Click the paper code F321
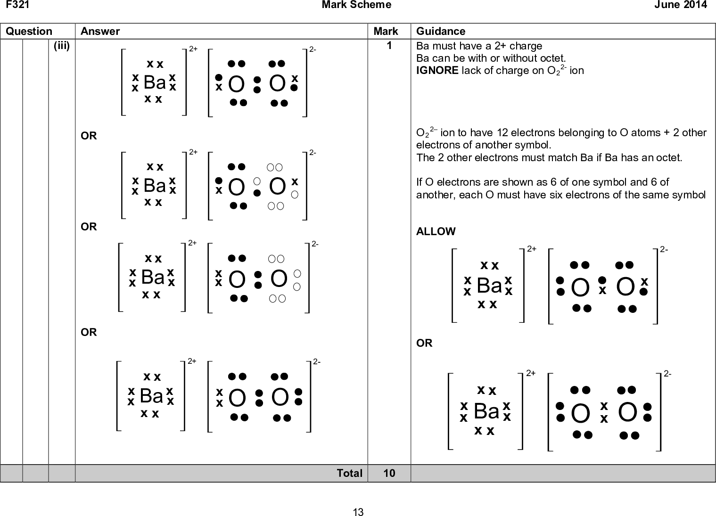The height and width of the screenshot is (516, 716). [x=17, y=4]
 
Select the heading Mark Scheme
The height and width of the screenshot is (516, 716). [x=356, y=4]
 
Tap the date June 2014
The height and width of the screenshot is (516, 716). [x=681, y=4]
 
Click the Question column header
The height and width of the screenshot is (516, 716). [x=29, y=31]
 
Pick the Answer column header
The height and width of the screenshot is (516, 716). [x=100, y=31]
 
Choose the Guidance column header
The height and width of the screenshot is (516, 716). [x=441, y=31]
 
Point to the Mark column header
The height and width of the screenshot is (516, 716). [x=386, y=31]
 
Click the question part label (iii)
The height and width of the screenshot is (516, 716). [x=62, y=46]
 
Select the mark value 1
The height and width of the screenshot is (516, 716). [x=389, y=46]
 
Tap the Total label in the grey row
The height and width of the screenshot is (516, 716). [x=350, y=473]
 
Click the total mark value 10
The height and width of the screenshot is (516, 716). [x=389, y=473]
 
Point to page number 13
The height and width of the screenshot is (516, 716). [x=358, y=512]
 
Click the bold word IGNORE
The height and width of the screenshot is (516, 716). [x=437, y=70]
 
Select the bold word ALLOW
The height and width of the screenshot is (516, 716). [x=436, y=231]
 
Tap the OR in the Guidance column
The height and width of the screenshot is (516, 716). [x=424, y=343]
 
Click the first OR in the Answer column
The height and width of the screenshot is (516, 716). [x=89, y=136]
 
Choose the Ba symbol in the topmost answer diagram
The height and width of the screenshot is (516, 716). [x=155, y=82]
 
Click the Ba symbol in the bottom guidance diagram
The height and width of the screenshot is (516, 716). [x=486, y=411]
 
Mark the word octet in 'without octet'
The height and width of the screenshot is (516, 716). [x=552, y=58]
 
